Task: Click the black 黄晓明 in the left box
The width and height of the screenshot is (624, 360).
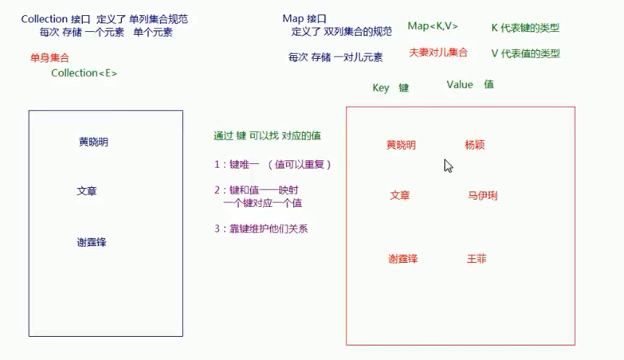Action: click(94, 142)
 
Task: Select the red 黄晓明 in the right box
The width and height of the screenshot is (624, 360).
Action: click(401, 145)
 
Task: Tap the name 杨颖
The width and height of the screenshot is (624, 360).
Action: click(475, 145)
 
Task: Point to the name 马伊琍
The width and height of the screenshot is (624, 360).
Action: click(483, 196)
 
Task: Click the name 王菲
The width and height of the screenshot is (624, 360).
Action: click(477, 259)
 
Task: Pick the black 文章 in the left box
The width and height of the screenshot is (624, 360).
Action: click(87, 192)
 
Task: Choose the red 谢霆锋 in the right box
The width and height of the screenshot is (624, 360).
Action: click(403, 259)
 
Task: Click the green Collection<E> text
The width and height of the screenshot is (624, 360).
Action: click(84, 73)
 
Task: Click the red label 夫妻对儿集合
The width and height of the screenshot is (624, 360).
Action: click(438, 53)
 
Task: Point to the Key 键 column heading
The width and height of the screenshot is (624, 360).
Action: click(390, 88)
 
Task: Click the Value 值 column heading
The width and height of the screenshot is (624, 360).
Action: click(469, 85)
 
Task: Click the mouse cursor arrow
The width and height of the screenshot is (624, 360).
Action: click(448, 165)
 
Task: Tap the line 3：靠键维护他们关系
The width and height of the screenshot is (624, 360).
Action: click(266, 229)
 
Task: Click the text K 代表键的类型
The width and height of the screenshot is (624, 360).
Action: click(525, 28)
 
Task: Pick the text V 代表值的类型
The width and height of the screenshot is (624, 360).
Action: click(525, 54)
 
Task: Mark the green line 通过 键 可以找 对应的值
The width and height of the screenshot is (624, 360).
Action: click(268, 136)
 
